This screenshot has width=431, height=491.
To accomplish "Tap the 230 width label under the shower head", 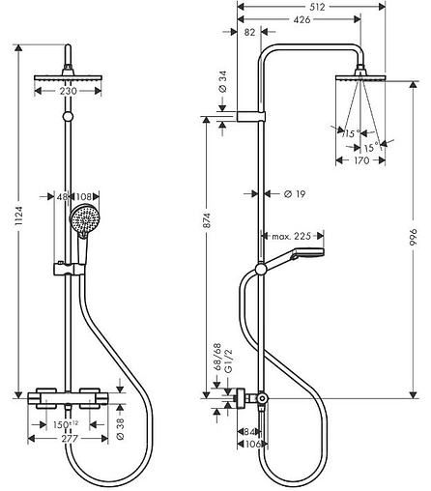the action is (68, 91).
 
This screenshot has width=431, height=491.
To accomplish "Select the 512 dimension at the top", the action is (317, 7).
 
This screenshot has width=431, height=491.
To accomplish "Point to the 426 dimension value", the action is (302, 19).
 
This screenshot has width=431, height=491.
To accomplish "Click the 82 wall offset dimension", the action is (249, 32).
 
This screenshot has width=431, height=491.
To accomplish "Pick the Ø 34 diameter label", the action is (223, 82).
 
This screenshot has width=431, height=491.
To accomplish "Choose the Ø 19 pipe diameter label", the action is (295, 194).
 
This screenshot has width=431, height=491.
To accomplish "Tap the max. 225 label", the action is (292, 237).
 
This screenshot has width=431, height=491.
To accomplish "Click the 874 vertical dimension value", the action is (207, 220).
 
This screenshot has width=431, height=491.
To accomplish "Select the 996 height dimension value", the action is (413, 238).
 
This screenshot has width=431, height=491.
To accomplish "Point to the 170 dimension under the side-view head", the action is (361, 160).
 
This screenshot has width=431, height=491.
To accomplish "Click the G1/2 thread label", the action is (228, 361).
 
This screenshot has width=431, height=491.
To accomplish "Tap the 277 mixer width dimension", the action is (70, 439).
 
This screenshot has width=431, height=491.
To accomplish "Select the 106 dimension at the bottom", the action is (252, 445).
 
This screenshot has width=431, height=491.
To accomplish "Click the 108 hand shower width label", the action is (84, 196).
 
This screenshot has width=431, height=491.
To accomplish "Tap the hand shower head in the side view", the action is (307, 254).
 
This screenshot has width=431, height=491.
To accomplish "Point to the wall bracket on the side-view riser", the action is (251, 117).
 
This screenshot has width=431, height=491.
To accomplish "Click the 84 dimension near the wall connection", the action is (250, 432).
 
